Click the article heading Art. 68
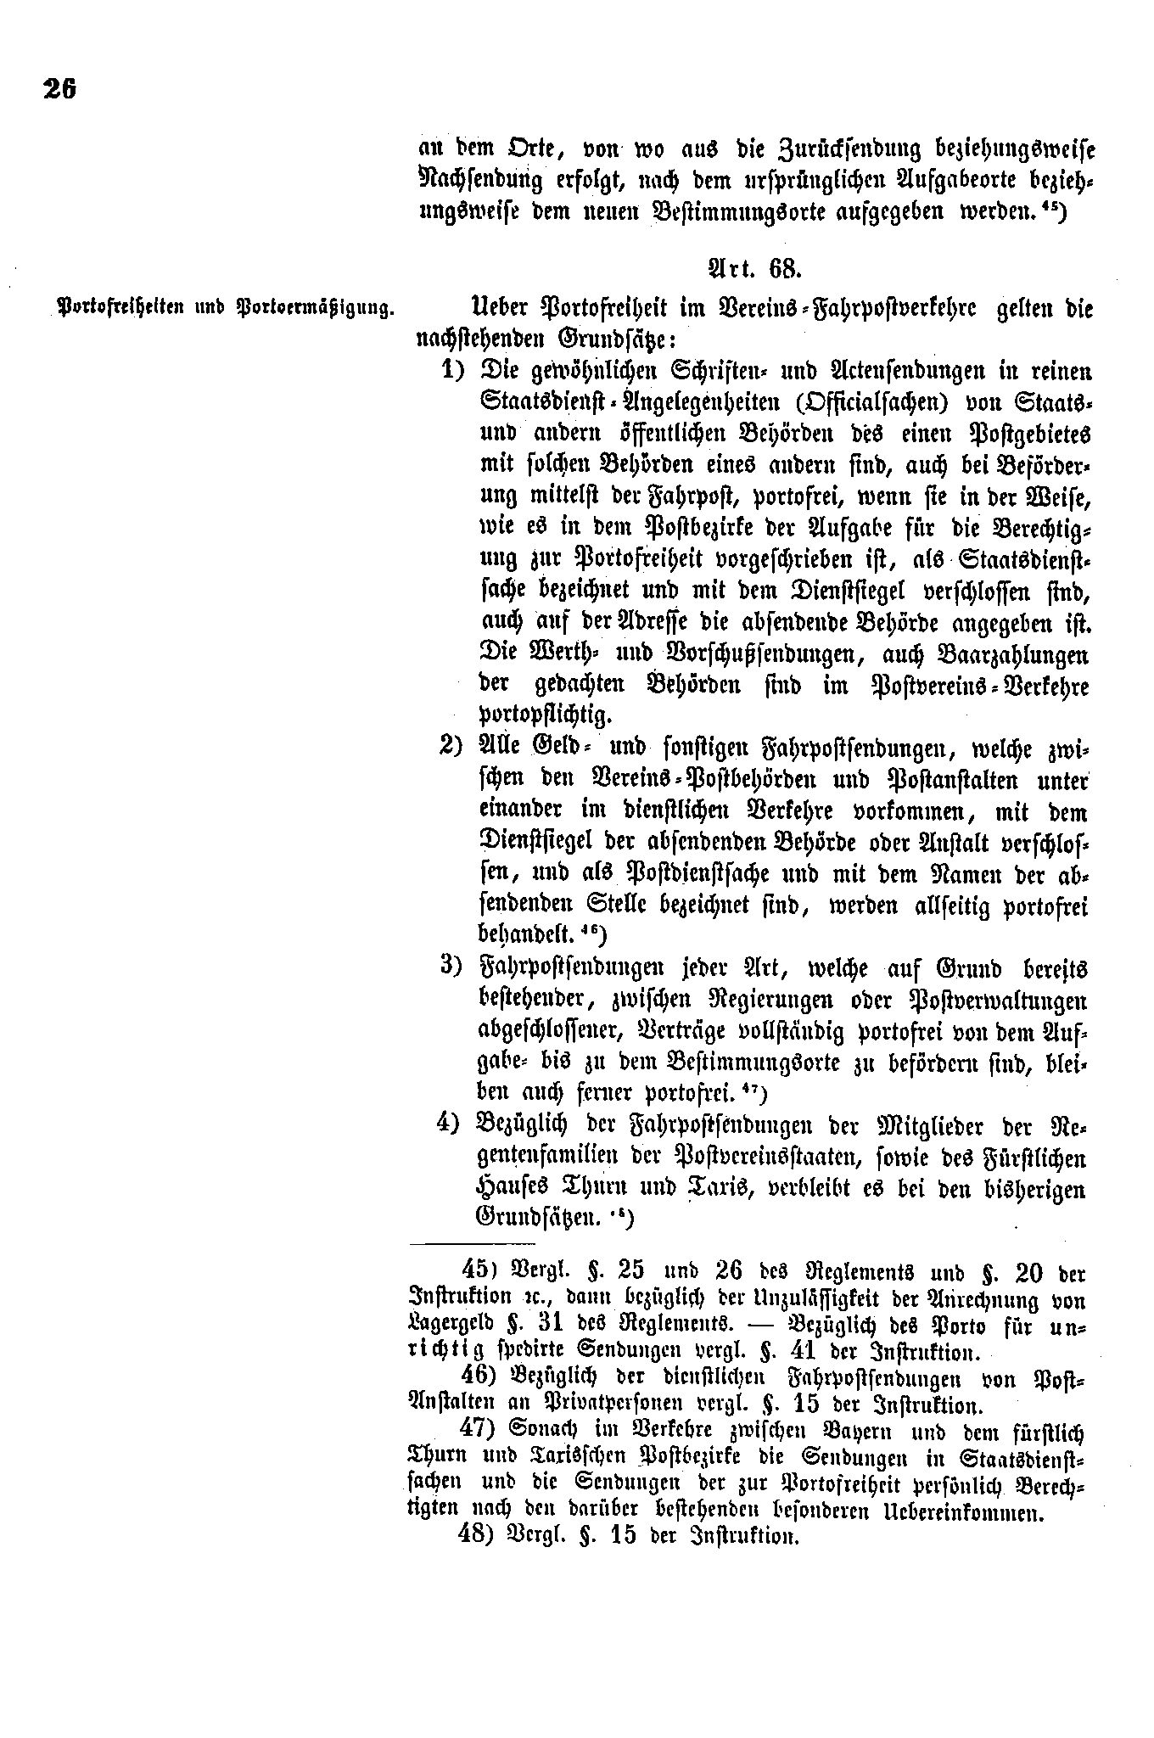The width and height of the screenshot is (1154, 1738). click(x=752, y=269)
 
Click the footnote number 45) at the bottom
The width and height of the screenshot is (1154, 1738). click(x=483, y=1271)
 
